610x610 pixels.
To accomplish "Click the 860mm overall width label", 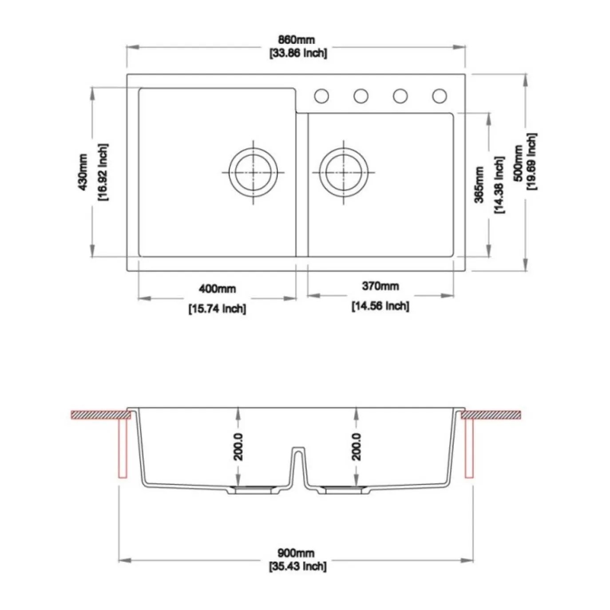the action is point(296,40).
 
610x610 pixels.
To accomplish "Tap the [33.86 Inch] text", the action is point(298,53).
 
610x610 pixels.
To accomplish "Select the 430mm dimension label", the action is point(83,172).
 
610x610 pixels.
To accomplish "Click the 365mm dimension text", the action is point(479,185).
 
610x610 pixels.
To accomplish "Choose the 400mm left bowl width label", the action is point(217,289).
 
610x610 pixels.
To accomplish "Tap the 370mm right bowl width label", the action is point(380,286).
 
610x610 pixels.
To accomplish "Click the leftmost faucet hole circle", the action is point(321,96).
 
